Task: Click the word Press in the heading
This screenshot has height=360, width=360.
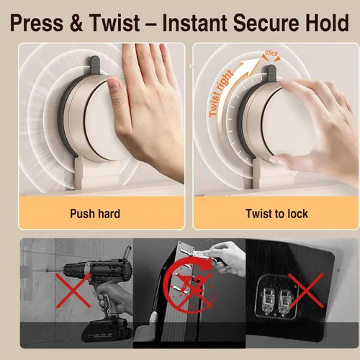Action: pos(37,23)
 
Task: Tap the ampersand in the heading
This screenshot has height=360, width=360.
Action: pos(76,23)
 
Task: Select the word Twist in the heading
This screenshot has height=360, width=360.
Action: pos(114,23)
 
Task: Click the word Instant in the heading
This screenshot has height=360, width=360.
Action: pos(194,23)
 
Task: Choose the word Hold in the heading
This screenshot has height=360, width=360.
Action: pos(325,23)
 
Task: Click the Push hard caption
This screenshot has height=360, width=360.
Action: pos(95,214)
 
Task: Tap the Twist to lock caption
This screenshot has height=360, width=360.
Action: pos(276,214)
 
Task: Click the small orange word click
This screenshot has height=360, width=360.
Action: pos(271,53)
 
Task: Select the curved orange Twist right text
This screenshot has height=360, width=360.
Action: pos(220,94)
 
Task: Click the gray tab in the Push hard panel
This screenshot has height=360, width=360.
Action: pos(94,65)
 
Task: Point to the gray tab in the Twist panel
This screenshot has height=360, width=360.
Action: pos(271,73)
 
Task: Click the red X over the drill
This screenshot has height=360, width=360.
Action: pos(73,291)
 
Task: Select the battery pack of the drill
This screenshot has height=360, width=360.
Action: pos(107,331)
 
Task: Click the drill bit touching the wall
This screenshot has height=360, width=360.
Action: pos(56,271)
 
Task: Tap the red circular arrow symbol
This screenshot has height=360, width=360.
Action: pos(189,286)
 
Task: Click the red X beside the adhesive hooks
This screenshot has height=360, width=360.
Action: pos(306,290)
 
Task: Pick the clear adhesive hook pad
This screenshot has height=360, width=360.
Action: pos(276,297)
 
